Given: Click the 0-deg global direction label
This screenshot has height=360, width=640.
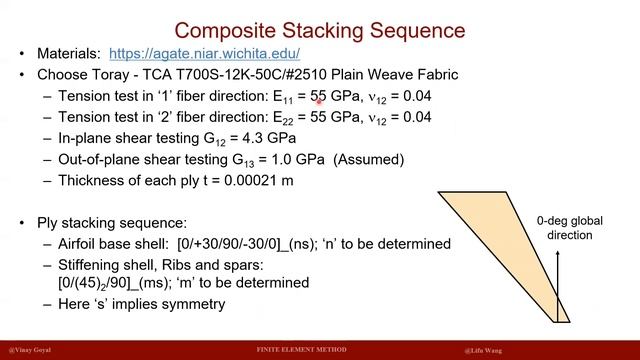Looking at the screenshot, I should tap(564, 228).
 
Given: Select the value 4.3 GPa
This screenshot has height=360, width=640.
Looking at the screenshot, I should tap(274, 138).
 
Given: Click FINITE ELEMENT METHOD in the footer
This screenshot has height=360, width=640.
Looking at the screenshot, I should tap(303, 349).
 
